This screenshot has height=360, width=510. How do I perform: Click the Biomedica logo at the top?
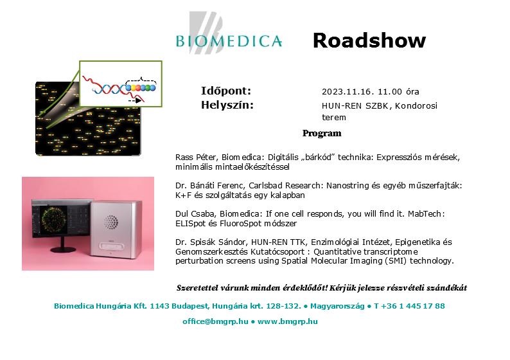229,33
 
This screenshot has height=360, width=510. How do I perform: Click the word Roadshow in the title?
369,40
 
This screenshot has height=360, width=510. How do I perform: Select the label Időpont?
226,91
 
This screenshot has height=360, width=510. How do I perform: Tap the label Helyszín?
227,105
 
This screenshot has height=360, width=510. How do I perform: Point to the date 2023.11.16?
346,92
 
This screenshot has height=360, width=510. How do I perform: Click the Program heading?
322,134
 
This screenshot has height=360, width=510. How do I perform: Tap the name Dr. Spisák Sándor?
211,242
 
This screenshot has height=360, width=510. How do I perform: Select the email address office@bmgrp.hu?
215,321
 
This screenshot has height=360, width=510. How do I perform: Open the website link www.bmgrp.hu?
288,321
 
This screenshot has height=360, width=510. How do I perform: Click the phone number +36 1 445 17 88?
412,306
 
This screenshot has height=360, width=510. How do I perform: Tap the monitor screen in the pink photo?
61,219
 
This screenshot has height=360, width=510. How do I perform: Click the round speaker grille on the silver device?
111,222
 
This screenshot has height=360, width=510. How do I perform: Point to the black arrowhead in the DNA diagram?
139,100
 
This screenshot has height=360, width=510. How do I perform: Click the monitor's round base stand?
63,249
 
